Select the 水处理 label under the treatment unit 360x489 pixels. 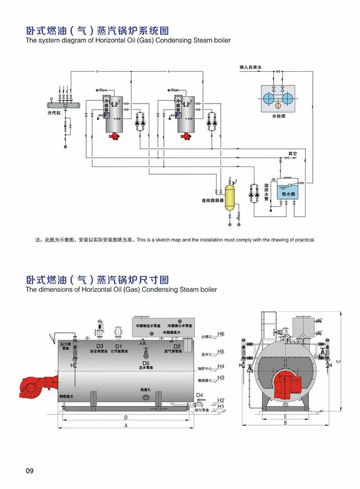pos(278,116)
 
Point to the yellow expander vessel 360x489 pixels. pos(229,197)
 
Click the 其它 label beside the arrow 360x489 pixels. pos(293,153)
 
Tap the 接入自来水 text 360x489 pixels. pos(251,67)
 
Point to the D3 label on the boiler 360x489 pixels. pos(100,346)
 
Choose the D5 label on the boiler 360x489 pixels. pos(145,363)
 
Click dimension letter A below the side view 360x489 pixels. pos(125,425)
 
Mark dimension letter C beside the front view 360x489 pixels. pos(338,360)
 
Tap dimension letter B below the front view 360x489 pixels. pos(285,423)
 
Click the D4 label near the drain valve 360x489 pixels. pos(200,395)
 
